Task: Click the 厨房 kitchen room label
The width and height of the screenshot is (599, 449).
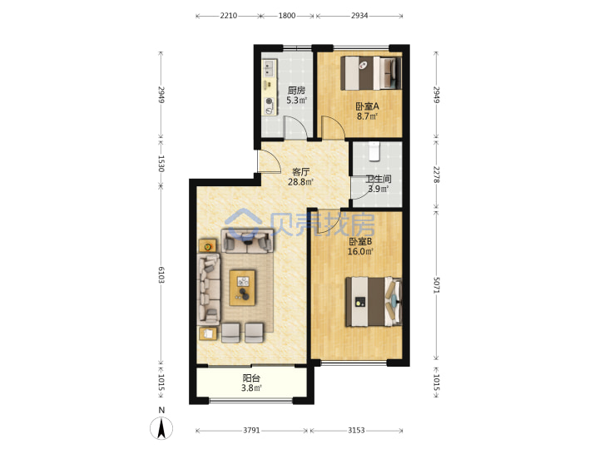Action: (296, 91)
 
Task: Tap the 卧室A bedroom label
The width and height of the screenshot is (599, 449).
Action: (367, 106)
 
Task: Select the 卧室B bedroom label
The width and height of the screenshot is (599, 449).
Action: (360, 241)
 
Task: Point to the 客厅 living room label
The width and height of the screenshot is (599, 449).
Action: (300, 172)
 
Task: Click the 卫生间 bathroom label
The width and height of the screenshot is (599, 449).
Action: (379, 179)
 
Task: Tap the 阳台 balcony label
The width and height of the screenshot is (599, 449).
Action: (251, 378)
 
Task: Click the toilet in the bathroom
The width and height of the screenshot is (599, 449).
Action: (374, 150)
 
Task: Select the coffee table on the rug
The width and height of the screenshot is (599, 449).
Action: (243, 288)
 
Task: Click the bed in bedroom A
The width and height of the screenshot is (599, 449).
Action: (371, 73)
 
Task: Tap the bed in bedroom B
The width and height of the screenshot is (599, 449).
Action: (374, 302)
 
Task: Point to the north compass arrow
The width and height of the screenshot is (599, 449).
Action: (161, 427)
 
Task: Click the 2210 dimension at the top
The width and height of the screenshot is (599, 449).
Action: (229, 16)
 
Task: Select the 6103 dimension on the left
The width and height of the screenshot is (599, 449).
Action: (161, 275)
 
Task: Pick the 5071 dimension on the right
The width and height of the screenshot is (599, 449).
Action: (436, 285)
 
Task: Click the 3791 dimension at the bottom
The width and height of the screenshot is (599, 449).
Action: (251, 431)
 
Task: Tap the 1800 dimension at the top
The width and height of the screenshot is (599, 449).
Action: (287, 16)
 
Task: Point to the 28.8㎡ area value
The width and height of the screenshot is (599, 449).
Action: (300, 182)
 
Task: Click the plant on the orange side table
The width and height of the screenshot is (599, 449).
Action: (207, 247)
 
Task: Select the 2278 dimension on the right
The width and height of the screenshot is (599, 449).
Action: (436, 174)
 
